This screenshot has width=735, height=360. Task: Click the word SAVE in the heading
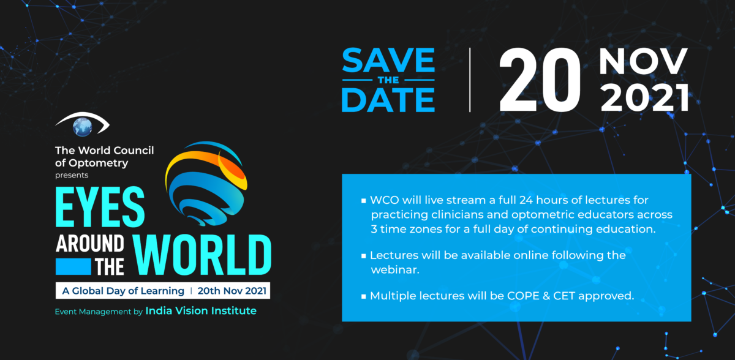[388, 60]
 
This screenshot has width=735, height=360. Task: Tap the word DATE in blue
[388, 100]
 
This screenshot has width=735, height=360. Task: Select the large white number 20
[540, 80]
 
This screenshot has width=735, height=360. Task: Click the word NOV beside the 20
[643, 61]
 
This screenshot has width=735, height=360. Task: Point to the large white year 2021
[645, 97]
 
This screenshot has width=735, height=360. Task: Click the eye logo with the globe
[82, 124]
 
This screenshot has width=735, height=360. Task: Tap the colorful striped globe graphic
[206, 184]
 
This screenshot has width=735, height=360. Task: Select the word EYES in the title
[100, 207]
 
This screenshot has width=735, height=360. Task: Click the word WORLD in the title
[202, 255]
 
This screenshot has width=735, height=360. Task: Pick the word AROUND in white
[90, 244]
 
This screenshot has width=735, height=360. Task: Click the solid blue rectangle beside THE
[73, 266]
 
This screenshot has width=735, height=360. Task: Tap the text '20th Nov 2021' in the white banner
[232, 291]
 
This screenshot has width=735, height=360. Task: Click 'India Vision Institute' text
[201, 310]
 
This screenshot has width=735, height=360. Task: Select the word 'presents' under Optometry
[72, 176]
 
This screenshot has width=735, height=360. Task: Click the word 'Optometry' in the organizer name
[99, 163]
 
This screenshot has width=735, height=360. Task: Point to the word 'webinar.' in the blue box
[395, 270]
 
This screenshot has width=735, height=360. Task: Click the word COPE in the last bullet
[523, 296]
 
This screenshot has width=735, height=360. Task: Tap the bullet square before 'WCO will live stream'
[364, 201]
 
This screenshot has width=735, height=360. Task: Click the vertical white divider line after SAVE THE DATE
[470, 80]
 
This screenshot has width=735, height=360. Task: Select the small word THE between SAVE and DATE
[388, 80]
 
